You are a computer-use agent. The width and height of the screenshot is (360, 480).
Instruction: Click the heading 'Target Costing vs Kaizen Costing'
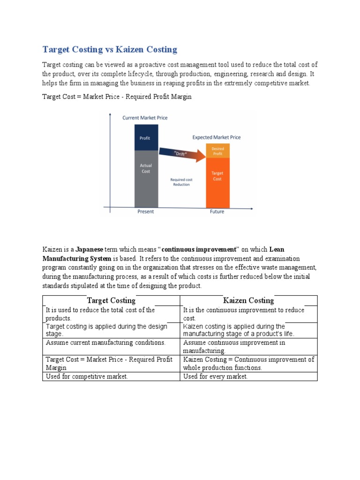(110, 49)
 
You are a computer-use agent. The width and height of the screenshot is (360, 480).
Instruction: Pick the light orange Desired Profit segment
(217, 151)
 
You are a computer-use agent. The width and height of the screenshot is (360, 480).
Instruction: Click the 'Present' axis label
(145, 211)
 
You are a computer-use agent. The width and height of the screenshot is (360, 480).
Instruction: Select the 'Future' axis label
(217, 211)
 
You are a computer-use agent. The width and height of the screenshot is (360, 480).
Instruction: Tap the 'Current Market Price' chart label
(145, 118)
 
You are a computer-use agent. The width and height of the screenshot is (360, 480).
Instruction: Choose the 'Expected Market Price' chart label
(217, 137)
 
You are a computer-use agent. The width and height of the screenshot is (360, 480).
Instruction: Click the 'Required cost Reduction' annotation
(181, 182)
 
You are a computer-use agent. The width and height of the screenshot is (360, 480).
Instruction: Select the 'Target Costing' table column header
(111, 300)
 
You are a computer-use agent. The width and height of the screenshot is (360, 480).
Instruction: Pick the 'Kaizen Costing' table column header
(248, 300)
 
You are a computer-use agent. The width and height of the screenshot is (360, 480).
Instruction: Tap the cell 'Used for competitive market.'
(86, 376)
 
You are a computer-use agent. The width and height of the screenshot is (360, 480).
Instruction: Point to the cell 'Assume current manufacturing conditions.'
(105, 343)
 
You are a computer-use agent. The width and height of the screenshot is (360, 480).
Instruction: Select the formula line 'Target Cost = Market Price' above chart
(117, 97)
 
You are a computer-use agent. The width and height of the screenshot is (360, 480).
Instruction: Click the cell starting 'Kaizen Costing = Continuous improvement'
(248, 363)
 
